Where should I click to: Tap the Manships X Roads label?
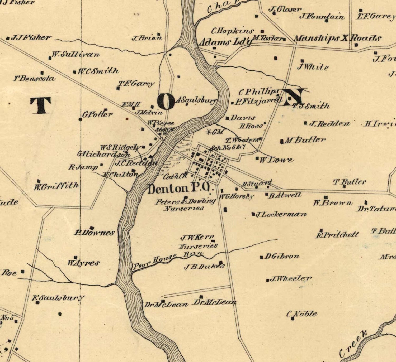337,38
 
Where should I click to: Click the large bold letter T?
41,105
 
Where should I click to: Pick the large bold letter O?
166,102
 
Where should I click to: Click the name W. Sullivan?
76,55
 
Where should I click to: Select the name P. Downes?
95,233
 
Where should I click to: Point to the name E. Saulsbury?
58,298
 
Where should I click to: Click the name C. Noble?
302,314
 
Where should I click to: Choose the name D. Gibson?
282,256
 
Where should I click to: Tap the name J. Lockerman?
281,214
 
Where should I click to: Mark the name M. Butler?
305,140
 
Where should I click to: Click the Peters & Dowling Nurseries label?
185,205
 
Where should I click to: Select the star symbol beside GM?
209,132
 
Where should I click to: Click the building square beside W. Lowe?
257,158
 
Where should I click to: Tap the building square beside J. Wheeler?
267,280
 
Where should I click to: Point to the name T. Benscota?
35,78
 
